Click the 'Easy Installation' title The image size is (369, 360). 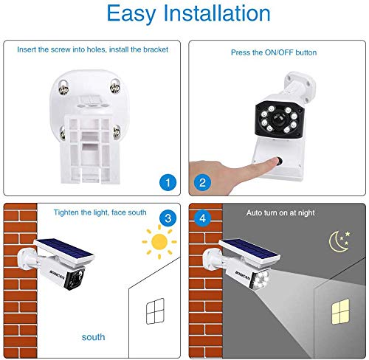click(184, 14)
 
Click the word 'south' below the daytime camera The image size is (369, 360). click(93, 336)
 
